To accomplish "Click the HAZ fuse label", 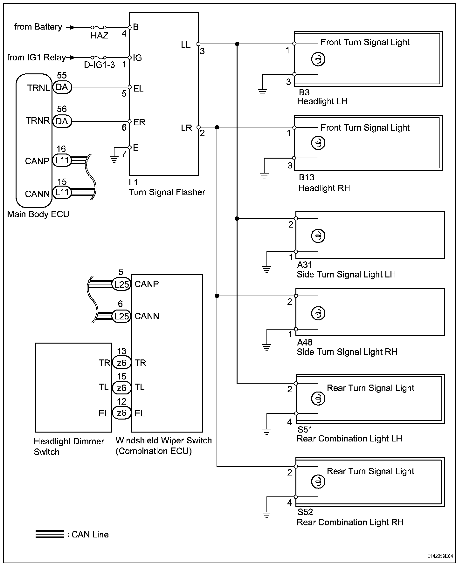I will (x=99, y=35).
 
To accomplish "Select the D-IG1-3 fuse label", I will (x=99, y=65).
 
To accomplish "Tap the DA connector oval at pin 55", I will (x=62, y=87).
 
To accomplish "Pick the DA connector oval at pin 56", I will (x=62, y=121).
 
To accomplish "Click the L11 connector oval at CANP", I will (x=62, y=161).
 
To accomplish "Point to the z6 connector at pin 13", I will (x=121, y=363).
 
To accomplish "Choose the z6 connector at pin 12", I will (x=121, y=413).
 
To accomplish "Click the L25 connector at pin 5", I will (x=121, y=284).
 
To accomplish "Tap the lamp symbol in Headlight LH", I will (x=318, y=59).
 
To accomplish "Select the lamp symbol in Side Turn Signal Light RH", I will (x=318, y=313).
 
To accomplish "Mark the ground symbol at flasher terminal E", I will (x=114, y=159).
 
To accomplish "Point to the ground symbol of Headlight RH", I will (x=264, y=176).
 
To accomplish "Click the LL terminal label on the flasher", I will (x=186, y=45).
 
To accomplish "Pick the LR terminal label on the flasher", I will (x=186, y=128).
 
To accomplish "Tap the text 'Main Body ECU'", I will (x=38, y=214).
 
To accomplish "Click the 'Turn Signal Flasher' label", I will (x=167, y=192).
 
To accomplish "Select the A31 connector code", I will (x=304, y=265).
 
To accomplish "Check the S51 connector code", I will (x=305, y=430).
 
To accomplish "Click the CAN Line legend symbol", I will (x=50, y=534).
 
